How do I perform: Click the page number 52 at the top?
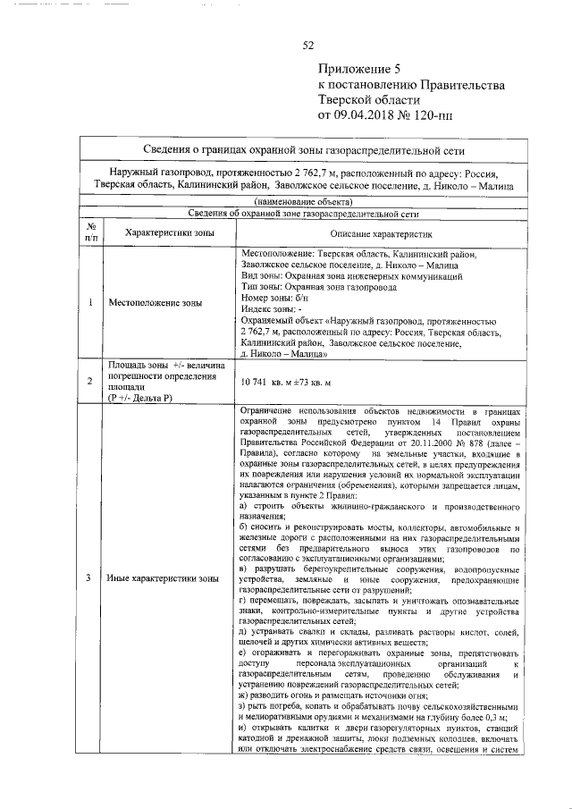click(308, 46)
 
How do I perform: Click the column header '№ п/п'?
click(91, 232)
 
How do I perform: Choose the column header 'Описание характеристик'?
click(381, 232)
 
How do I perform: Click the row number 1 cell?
click(91, 303)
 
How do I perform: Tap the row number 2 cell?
click(91, 382)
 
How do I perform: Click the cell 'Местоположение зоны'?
click(155, 303)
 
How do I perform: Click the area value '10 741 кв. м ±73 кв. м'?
click(291, 382)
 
